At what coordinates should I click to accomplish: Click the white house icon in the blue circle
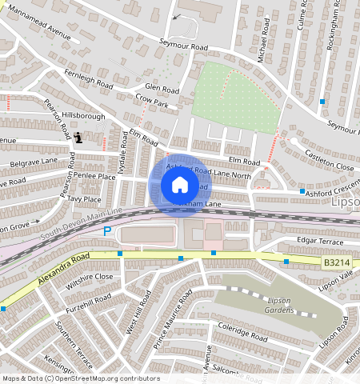point(180,185)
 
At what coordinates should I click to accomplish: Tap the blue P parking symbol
point(107,231)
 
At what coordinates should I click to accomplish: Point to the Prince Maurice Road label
point(174,318)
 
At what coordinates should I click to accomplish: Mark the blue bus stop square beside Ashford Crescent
point(302,192)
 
